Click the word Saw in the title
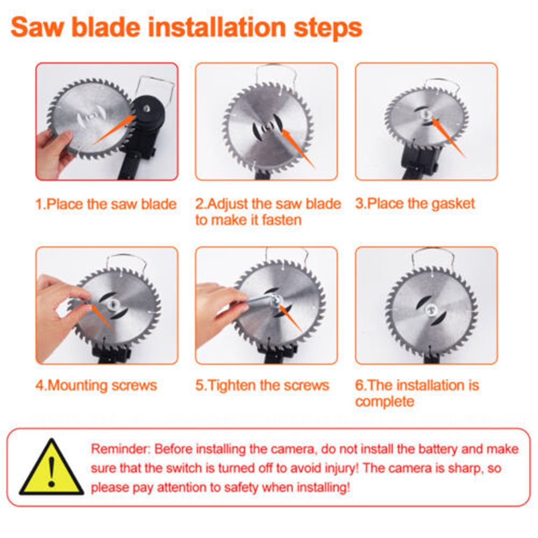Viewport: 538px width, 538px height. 39,27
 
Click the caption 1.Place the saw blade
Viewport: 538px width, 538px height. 106,204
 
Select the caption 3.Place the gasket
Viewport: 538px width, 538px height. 415,204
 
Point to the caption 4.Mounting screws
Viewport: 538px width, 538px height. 96,386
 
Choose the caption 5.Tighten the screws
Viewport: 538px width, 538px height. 262,386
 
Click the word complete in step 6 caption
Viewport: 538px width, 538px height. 385,401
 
